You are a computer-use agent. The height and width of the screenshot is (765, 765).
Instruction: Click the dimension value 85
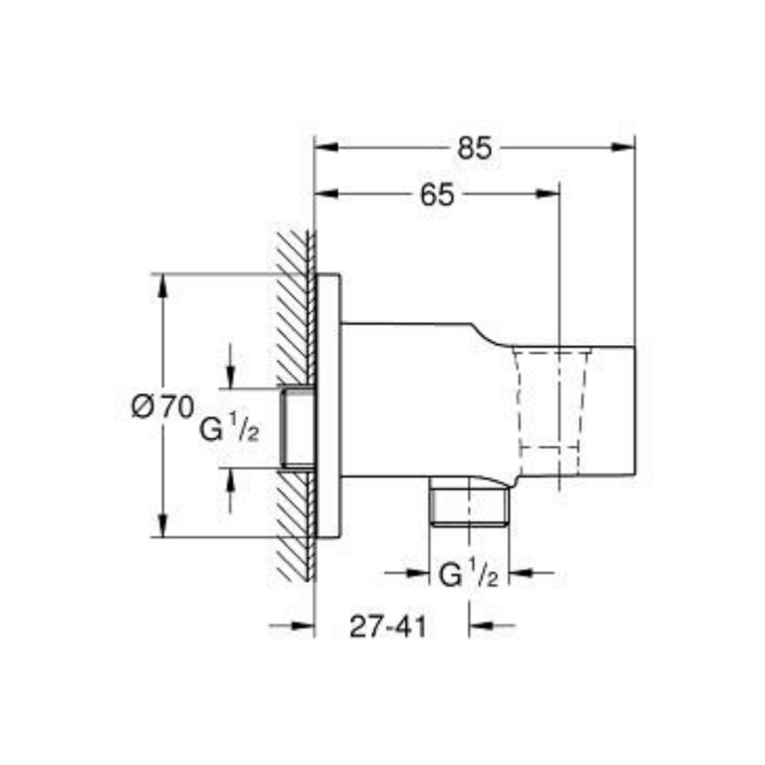(474, 147)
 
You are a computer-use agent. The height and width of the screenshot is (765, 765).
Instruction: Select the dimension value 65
(437, 194)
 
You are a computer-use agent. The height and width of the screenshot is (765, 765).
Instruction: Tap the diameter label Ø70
(162, 406)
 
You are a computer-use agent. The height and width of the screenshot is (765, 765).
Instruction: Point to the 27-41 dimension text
(388, 627)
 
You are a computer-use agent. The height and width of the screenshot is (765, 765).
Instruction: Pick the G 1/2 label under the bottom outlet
(468, 574)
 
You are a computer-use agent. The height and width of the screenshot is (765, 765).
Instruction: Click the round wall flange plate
(328, 405)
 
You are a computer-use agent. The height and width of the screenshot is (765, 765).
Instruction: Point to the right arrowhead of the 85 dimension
(626, 147)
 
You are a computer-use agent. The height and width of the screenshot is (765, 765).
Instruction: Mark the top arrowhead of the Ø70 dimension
(162, 282)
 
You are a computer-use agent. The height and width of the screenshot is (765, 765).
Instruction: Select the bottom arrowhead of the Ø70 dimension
(162, 528)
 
